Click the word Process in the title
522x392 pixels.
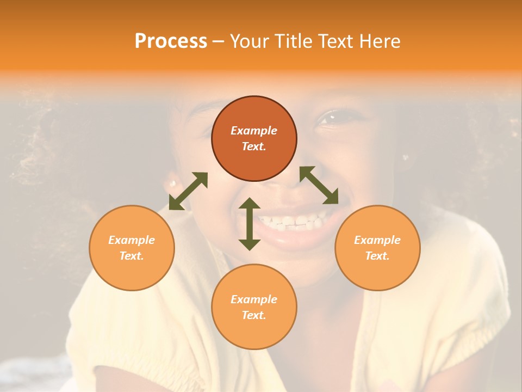[x=171, y=41]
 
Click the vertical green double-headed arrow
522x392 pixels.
[x=250, y=224]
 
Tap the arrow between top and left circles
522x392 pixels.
[x=188, y=191]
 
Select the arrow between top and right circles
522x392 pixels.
[x=319, y=185]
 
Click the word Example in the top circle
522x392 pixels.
[x=254, y=131]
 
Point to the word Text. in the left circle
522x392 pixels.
[x=132, y=256]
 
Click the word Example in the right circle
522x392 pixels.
[x=377, y=240]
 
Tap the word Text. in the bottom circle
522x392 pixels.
[x=254, y=315]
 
